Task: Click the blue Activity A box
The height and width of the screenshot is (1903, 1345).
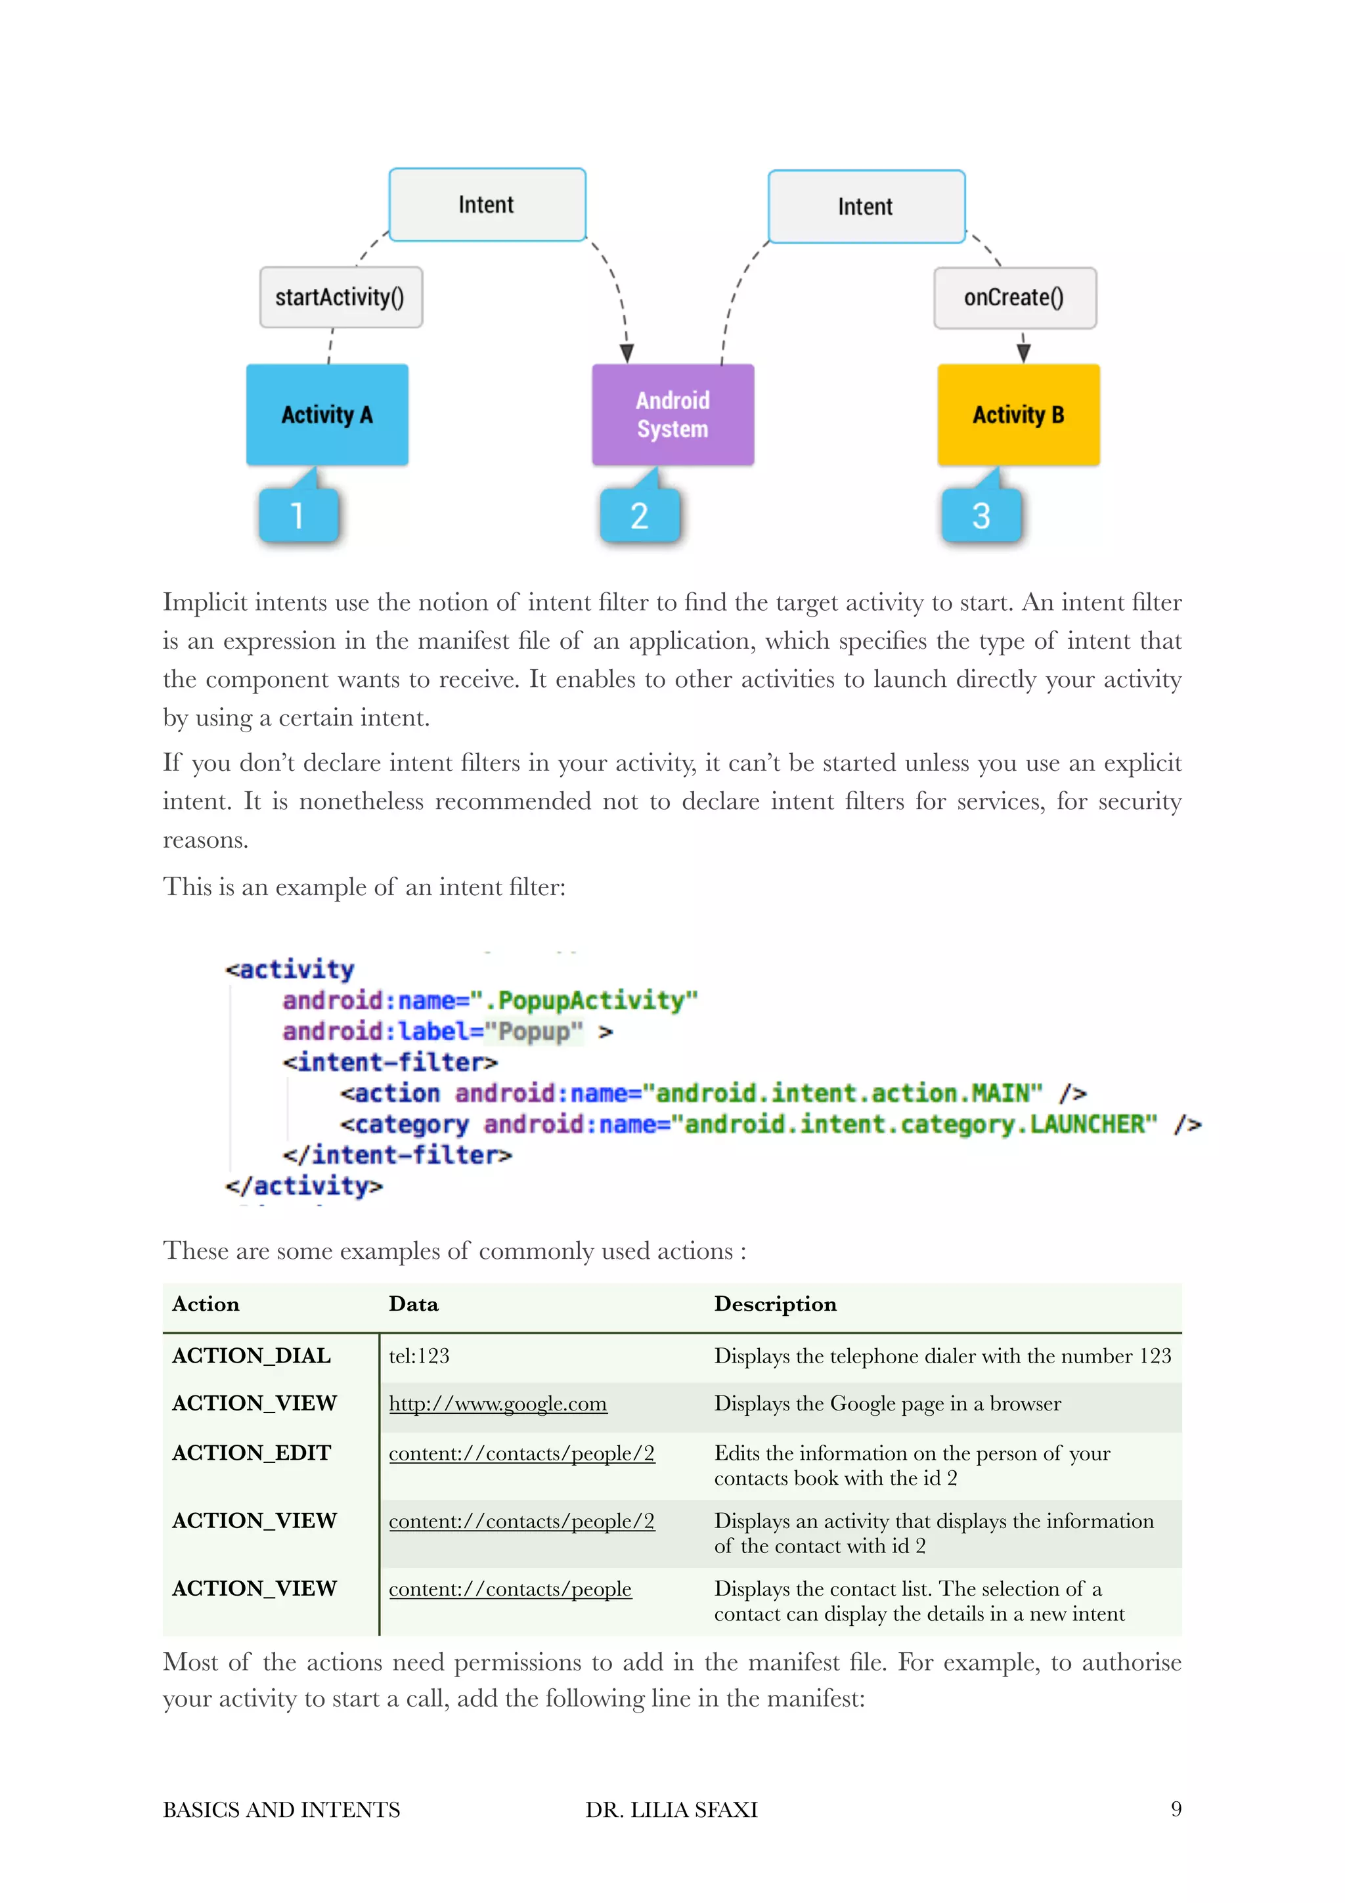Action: coord(326,414)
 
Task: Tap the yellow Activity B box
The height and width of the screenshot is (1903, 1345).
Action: coord(1018,414)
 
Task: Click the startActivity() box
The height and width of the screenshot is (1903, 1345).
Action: coord(341,297)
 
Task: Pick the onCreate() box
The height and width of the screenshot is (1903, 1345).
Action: coord(1015,297)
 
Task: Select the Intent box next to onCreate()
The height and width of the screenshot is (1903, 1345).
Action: coord(866,206)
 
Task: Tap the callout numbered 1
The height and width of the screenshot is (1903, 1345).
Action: coord(298,515)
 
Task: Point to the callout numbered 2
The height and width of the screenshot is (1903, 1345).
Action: coord(639,515)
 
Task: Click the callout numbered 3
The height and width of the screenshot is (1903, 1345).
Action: coord(981,515)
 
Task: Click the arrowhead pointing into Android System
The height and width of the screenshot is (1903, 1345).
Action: coord(627,354)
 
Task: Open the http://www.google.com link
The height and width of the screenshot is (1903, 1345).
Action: coord(497,1404)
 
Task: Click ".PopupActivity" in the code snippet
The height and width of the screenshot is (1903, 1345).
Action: coord(592,1000)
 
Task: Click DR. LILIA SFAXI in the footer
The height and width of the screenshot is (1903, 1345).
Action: coord(671,1809)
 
